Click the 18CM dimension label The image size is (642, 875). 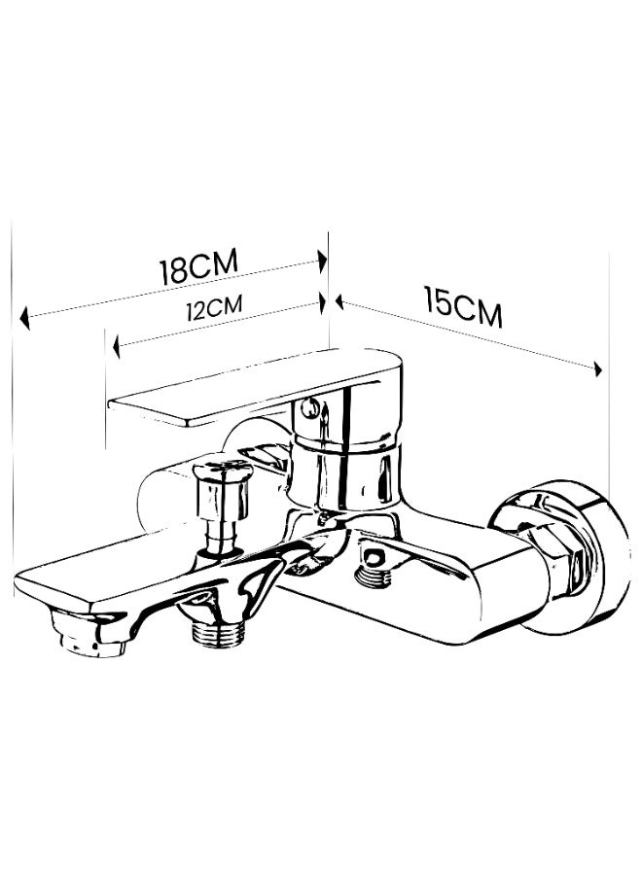pos(199,266)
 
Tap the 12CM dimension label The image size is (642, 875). pos(214,307)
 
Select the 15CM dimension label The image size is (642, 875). pos(463,307)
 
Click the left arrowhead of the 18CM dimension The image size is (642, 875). pos(24,318)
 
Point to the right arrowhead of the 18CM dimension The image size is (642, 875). pos(322,261)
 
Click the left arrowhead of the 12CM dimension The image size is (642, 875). pos(116,347)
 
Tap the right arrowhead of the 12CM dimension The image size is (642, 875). pos(322,303)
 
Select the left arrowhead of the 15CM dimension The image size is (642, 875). pos(339,302)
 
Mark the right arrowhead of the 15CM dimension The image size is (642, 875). pos(598,368)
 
